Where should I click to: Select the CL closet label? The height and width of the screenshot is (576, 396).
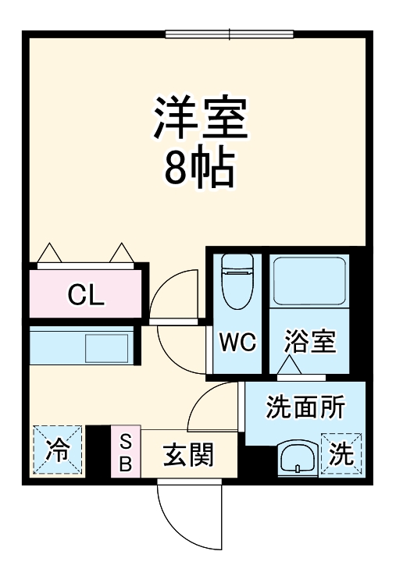pyautogui.click(x=86, y=295)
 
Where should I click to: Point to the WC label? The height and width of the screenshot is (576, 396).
pyautogui.click(x=236, y=343)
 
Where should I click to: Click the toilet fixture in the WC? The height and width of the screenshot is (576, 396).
pyautogui.click(x=235, y=281)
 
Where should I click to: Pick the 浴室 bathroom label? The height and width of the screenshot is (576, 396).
pyautogui.click(x=309, y=342)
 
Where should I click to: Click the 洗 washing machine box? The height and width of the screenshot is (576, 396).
pyautogui.click(x=341, y=454)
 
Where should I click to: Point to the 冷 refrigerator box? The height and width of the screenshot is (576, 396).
pyautogui.click(x=56, y=450)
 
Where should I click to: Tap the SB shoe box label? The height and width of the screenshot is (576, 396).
pyautogui.click(x=125, y=452)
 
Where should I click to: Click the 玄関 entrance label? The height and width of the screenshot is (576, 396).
pyautogui.click(x=187, y=453)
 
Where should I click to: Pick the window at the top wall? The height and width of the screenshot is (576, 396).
pyautogui.click(x=230, y=34)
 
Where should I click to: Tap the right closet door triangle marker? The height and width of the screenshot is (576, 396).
pyautogui.click(x=122, y=253)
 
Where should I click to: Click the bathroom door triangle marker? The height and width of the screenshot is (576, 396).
pyautogui.click(x=291, y=364)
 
